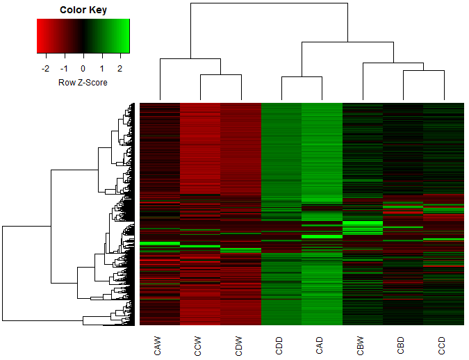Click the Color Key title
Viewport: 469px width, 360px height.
tap(83, 10)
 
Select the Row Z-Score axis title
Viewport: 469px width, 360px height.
tap(83, 82)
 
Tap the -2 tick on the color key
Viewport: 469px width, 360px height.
tap(46, 69)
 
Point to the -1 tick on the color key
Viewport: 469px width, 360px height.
tap(65, 69)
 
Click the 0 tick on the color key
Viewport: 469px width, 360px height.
tap(83, 69)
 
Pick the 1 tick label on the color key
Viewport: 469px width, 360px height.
tap(101, 69)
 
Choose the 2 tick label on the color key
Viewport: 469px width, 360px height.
tap(120, 69)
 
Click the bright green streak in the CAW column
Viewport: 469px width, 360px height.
tap(160, 243)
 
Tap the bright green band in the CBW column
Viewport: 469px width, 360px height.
tap(363, 223)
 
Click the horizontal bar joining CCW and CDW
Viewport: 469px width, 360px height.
tap(220, 74)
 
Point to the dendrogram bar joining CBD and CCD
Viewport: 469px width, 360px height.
tap(423, 70)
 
